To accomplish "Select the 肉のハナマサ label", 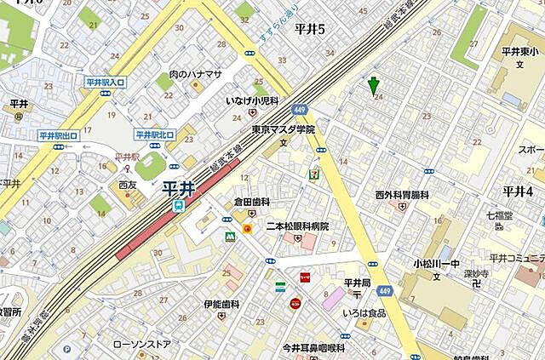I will (x=195, y=74).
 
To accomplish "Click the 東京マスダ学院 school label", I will (x=284, y=129).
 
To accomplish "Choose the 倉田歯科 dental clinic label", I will (x=252, y=202).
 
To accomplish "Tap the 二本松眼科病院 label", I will (x=297, y=226).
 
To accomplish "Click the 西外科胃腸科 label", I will (x=402, y=195).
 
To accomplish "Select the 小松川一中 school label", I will (x=437, y=263).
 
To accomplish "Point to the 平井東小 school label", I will (x=517, y=53).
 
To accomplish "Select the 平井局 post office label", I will (x=357, y=282).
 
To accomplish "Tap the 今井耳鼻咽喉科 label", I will (x=313, y=348).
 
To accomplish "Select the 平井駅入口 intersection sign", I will (x=106, y=82).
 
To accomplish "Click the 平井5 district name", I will (x=310, y=30).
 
